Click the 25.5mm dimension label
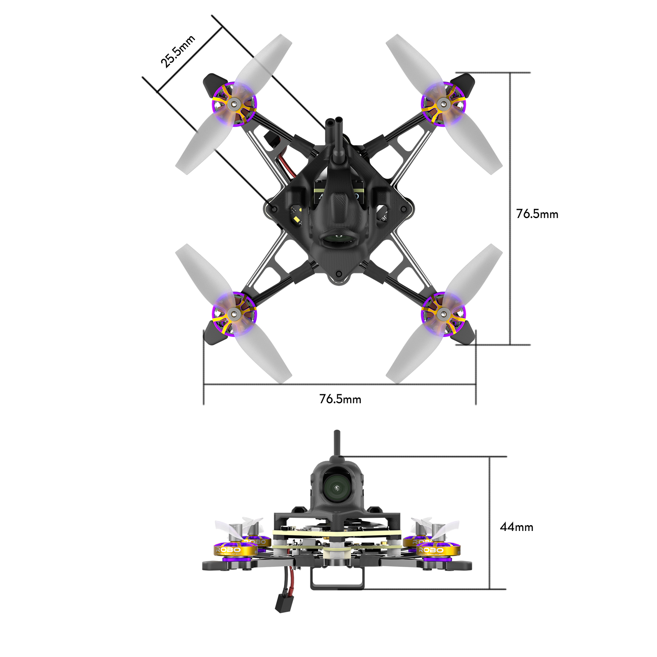[177, 52]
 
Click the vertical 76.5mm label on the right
[537, 214]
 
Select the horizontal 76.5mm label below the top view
[340, 399]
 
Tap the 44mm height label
[516, 527]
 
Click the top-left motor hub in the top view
[234, 104]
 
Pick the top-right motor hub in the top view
[443, 104]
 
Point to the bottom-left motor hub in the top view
[234, 315]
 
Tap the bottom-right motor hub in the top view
[443, 315]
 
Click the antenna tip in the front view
[337, 434]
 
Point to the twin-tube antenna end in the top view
[334, 122]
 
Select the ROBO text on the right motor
[431, 549]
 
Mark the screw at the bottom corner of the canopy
[339, 273]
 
